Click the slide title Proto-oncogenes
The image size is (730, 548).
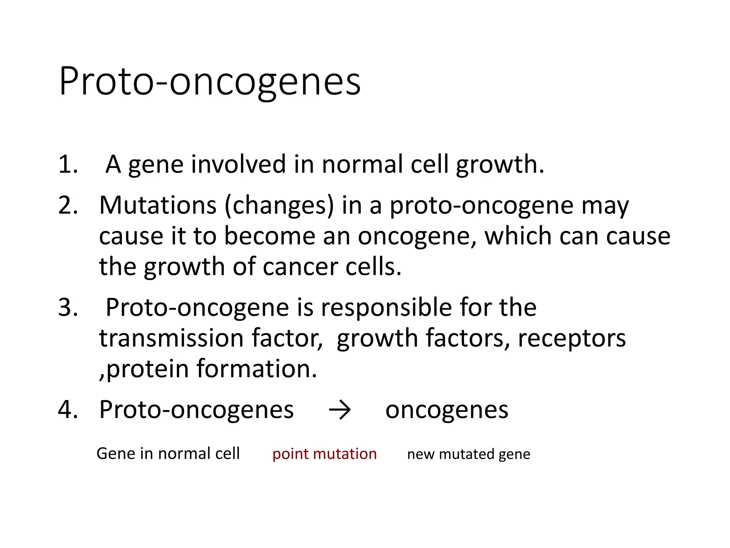coord(210,82)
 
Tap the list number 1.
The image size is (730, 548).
coord(68,164)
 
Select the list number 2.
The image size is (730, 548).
coord(68,205)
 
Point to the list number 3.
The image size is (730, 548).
coord(68,308)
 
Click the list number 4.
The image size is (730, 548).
coord(68,410)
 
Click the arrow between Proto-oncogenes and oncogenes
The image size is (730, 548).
coord(340,410)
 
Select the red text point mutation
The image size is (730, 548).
coord(324,454)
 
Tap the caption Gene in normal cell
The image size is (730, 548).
coord(168,454)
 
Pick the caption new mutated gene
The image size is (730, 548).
coord(468,454)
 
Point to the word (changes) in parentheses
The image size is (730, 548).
coord(279,206)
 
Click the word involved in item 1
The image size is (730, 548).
coord(238,164)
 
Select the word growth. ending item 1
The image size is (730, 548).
coord(500,165)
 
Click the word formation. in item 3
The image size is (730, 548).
coord(257,369)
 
